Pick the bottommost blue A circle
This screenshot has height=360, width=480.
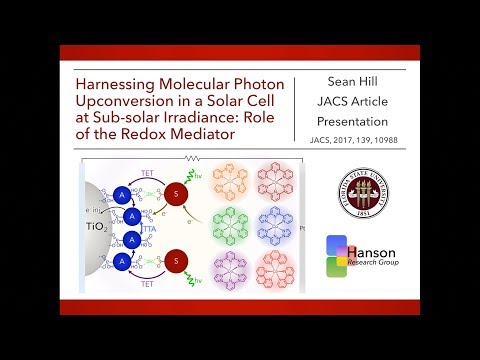tap(121, 289)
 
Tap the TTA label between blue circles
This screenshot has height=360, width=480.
tap(152, 242)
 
